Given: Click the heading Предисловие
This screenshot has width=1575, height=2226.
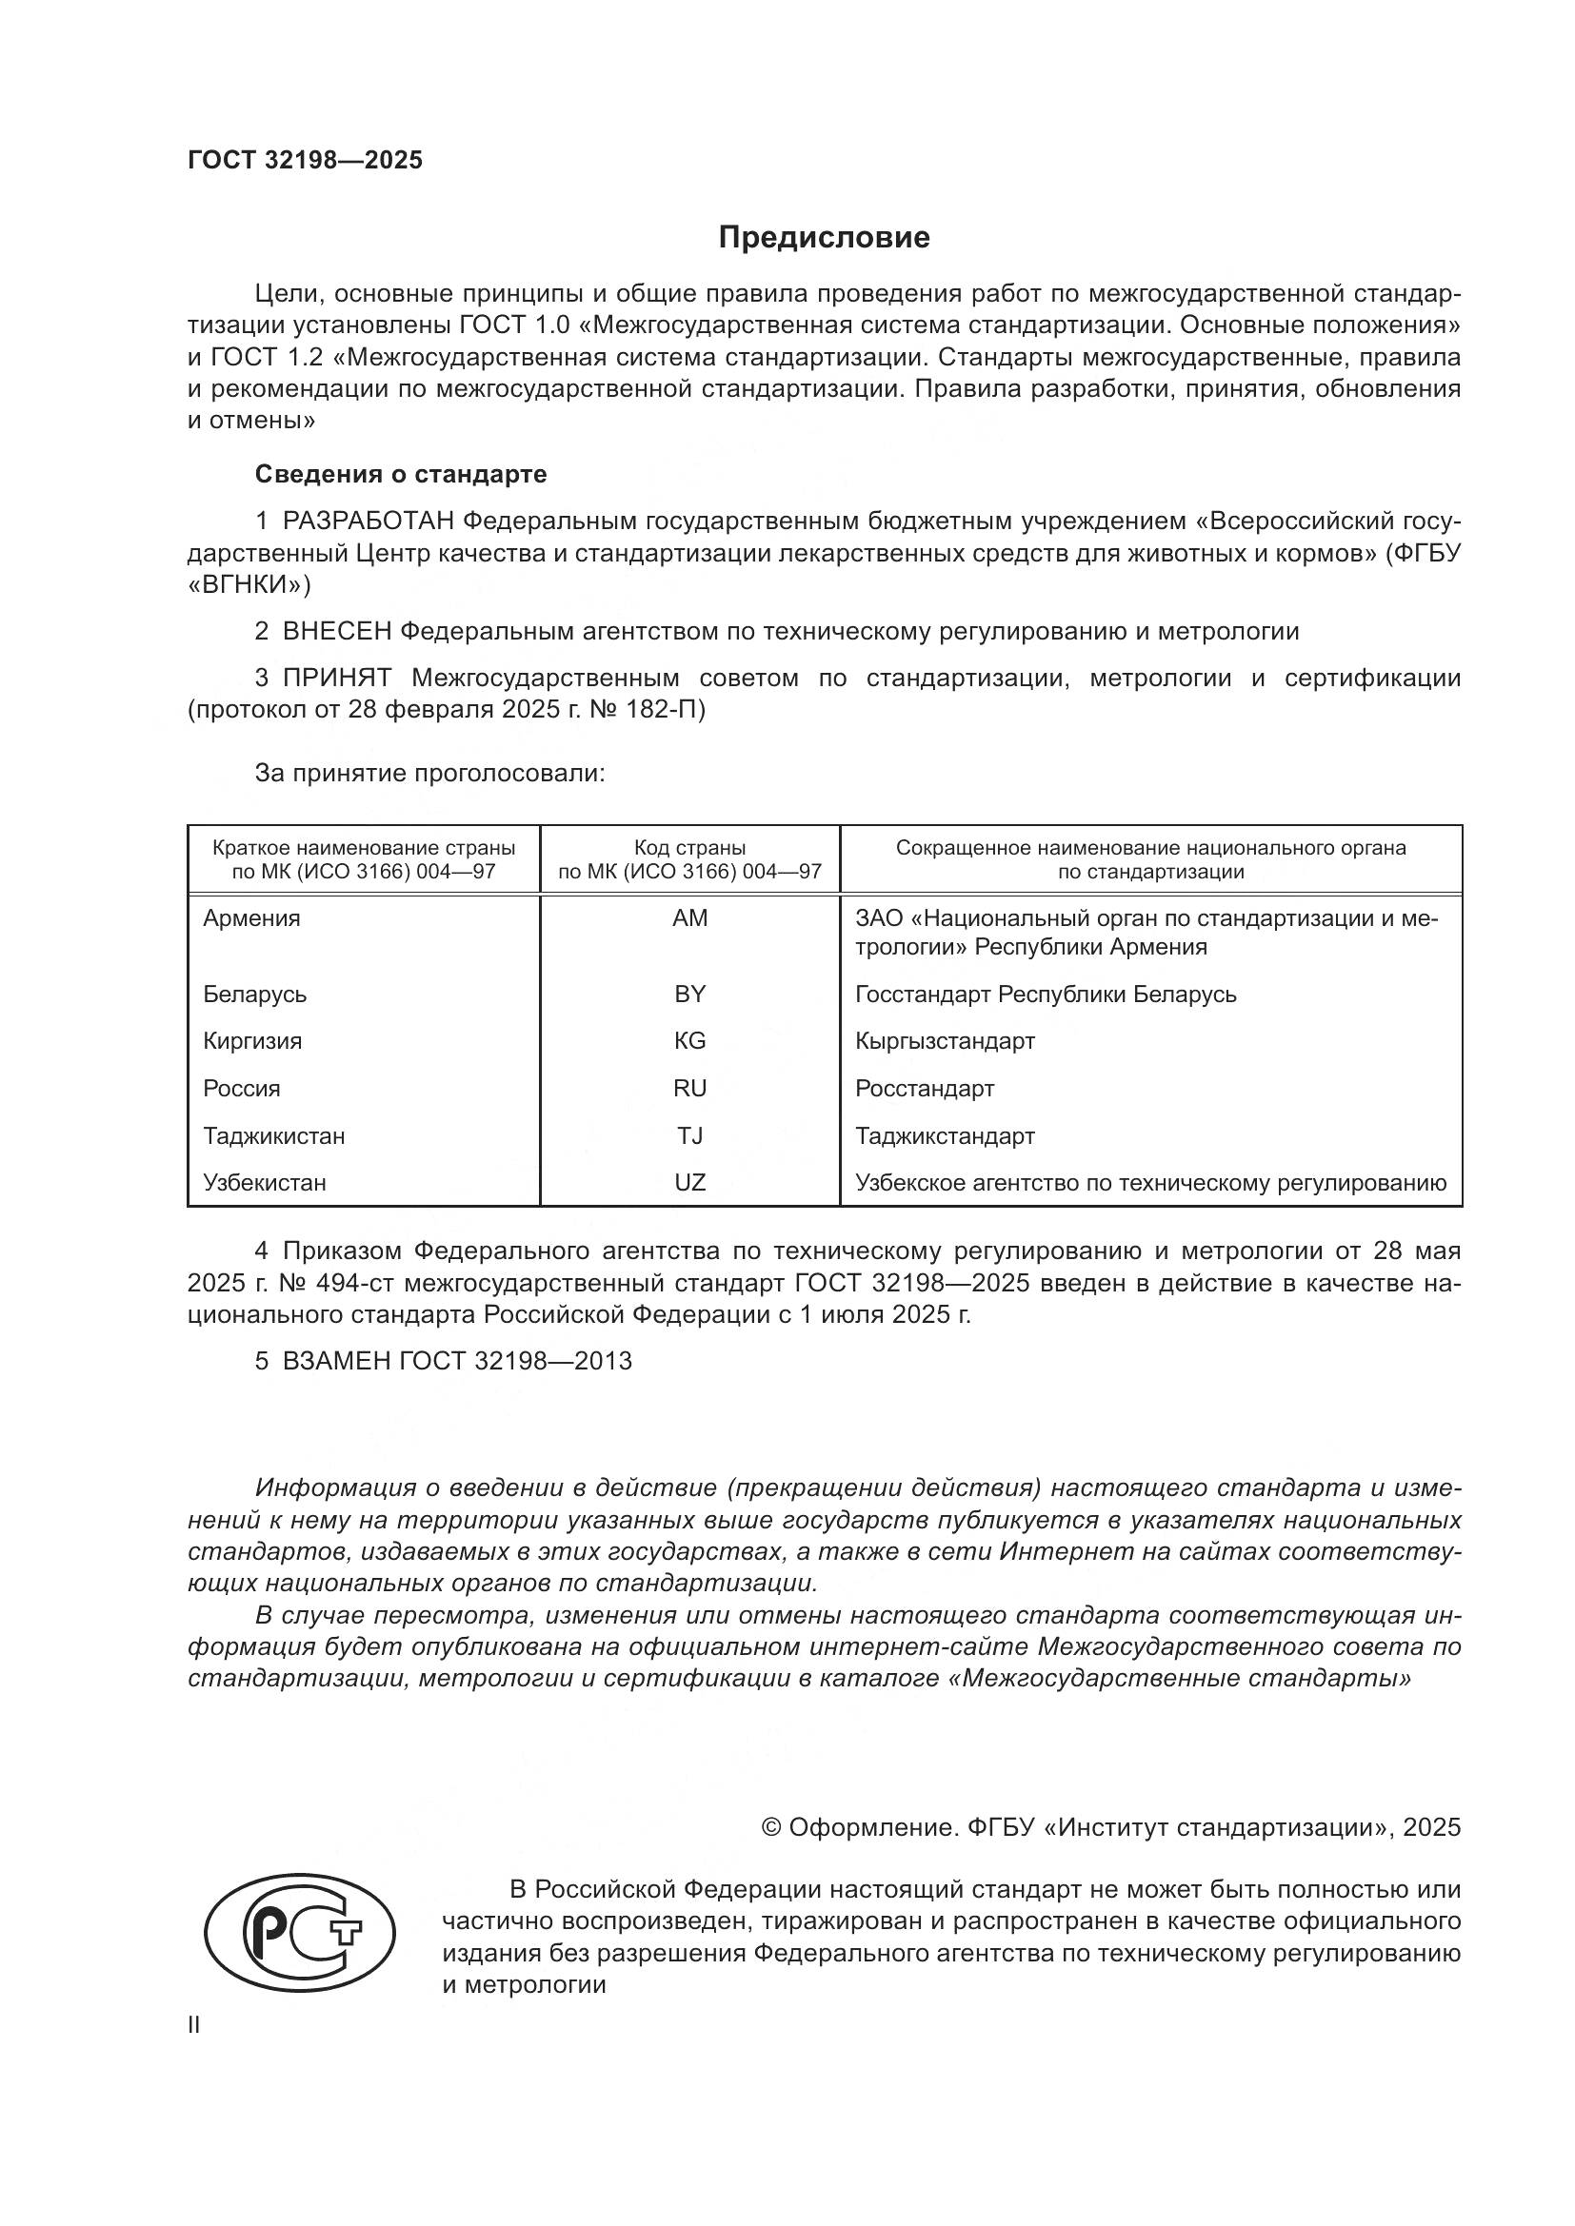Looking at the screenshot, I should [824, 238].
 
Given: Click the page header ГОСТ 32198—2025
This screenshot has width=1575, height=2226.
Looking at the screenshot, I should [306, 161].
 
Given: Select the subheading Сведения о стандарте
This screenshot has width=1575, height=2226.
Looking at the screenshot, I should [401, 474].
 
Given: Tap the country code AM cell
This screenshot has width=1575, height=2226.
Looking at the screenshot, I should [689, 918].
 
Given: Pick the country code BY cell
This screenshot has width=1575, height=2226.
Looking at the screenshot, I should [689, 994].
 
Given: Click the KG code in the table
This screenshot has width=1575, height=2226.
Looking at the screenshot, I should [689, 1041].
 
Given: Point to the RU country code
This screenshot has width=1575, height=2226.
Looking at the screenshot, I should [689, 1088].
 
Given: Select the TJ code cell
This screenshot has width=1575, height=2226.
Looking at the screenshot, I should [689, 1135].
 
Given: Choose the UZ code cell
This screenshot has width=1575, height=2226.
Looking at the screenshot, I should [689, 1183].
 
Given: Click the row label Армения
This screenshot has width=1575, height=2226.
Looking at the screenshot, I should [251, 918].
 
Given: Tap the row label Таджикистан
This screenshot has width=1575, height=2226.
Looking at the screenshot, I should [273, 1135].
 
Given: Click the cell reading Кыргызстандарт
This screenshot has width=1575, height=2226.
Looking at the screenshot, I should [945, 1041].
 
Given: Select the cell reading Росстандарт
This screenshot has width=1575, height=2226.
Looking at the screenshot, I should [925, 1088].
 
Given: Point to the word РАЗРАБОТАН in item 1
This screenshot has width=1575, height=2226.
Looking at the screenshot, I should [368, 522].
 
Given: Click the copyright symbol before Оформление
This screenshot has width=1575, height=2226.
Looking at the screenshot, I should [771, 1827].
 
